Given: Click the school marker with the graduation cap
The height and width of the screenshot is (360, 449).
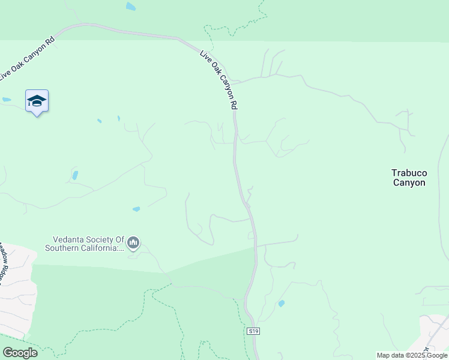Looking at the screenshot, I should [37, 101].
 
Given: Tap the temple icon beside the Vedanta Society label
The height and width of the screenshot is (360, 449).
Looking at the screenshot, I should [133, 243].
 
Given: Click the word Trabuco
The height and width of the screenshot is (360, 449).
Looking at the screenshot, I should [409, 173].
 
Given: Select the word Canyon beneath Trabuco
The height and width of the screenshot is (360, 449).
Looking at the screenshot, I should [409, 183].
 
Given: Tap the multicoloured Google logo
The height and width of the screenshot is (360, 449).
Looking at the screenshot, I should [20, 353].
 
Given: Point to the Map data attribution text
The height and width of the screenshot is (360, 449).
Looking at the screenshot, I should [412, 355].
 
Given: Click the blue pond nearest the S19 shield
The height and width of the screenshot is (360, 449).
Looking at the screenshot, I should [281, 304].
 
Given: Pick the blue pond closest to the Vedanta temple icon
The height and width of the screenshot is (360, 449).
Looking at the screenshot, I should [136, 209].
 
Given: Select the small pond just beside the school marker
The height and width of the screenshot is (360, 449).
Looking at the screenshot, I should [7, 100].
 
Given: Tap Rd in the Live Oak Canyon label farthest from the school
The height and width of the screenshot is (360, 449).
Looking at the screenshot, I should [234, 104].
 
